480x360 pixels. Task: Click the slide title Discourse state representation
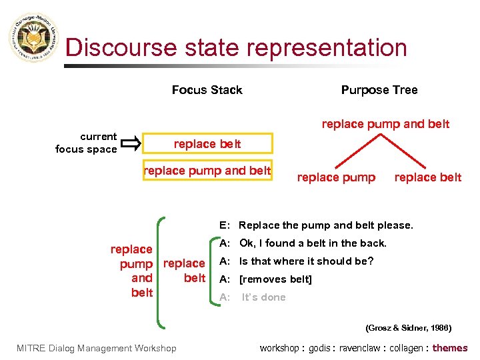(236, 48)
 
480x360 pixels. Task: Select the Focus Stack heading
(207, 90)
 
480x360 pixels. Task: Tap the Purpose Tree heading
(379, 90)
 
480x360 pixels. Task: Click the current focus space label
(87, 143)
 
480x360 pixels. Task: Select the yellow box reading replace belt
(207, 144)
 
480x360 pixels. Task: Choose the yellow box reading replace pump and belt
(207, 171)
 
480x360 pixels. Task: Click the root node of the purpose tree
(385, 124)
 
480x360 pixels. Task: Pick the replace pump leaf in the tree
(336, 177)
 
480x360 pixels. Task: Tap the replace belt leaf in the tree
(427, 177)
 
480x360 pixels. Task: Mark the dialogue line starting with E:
(316, 225)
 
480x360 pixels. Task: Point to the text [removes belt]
(275, 279)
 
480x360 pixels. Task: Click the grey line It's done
(263, 297)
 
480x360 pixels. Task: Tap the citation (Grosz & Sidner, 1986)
(408, 327)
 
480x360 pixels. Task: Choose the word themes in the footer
(450, 347)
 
